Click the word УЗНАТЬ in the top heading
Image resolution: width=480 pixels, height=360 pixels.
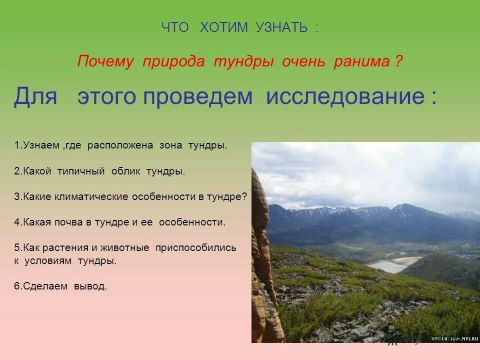pos(281,28)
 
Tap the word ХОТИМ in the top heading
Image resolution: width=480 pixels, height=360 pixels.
pos(223,28)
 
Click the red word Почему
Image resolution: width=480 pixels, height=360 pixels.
pos(105,61)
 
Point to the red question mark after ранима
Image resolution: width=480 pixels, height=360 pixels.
pos(398,61)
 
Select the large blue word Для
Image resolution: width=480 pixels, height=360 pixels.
pos(35,96)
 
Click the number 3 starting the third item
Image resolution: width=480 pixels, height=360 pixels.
pos(17,196)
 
